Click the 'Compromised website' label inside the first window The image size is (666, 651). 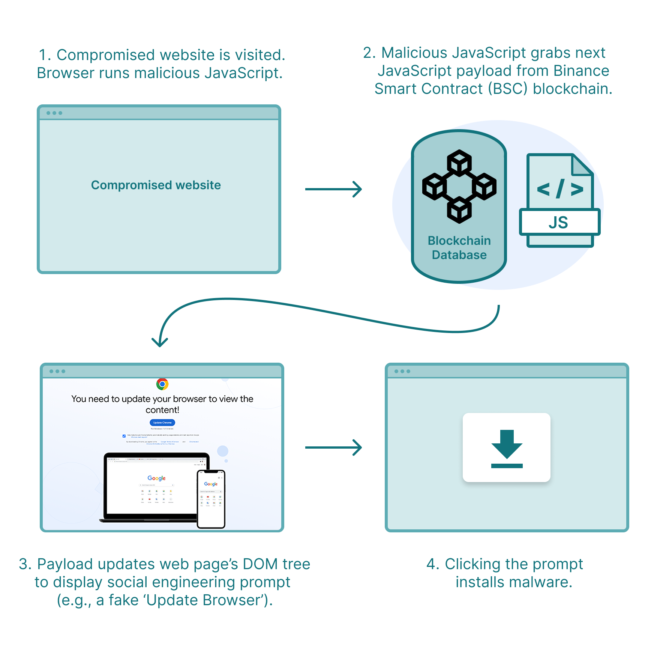(x=156, y=185)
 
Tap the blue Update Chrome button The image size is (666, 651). (x=162, y=422)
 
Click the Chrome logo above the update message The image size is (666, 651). (x=162, y=384)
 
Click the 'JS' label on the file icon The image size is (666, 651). (x=558, y=223)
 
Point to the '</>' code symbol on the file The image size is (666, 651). (x=560, y=189)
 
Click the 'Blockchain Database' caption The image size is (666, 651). (x=459, y=248)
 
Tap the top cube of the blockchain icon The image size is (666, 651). (x=459, y=163)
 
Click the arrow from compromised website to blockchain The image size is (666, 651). (x=333, y=189)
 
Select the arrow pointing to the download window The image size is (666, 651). (x=333, y=448)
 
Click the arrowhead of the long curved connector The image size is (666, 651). (x=160, y=342)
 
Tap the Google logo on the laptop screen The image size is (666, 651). (x=156, y=478)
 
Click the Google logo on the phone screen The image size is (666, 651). (x=211, y=484)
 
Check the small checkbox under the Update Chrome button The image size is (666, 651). (x=124, y=436)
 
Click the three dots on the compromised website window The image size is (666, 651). (x=54, y=113)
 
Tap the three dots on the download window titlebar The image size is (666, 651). (x=402, y=371)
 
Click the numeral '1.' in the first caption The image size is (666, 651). (x=45, y=55)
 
